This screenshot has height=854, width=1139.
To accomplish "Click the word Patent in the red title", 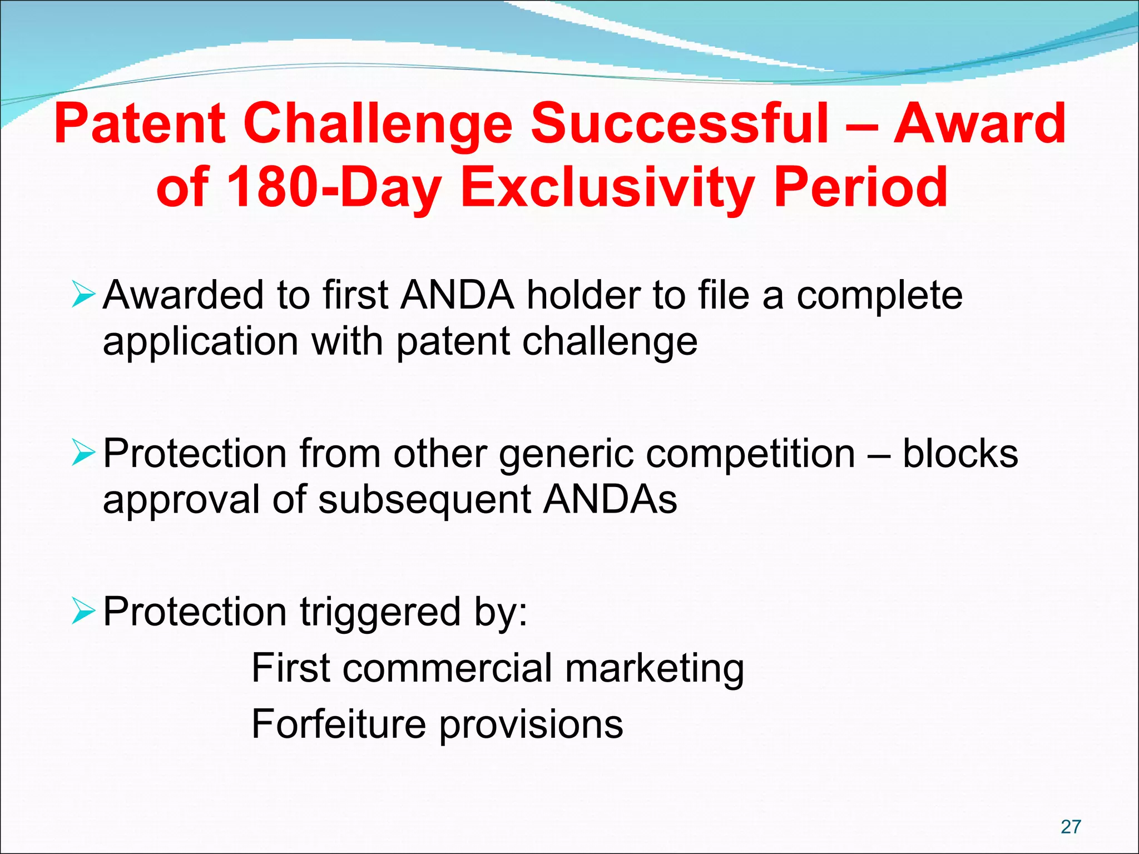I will coord(140,123).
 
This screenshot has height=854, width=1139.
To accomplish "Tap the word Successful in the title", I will coord(679,123).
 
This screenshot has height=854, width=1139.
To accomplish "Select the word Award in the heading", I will coord(979,123).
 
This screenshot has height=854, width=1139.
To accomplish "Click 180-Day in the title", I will coord(334,187).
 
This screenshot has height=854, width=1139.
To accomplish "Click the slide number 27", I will coord(1071,827).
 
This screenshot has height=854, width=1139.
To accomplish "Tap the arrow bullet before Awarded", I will coord(83,295).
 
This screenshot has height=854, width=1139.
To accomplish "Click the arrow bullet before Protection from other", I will coord(83,454).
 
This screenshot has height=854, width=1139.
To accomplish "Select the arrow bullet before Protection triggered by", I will coord(83,612).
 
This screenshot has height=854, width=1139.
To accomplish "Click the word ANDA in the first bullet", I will coord(457,295).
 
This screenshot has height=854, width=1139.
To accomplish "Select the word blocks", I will coord(960,453).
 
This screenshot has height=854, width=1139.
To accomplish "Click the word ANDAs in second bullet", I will coord(610,499).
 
